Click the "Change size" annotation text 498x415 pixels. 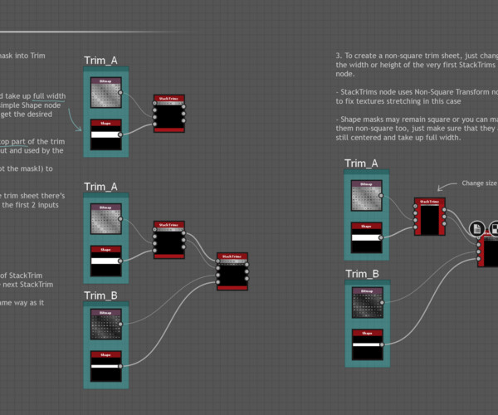click(x=478, y=183)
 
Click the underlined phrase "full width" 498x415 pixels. click(x=48, y=96)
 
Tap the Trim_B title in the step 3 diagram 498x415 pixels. click(x=363, y=274)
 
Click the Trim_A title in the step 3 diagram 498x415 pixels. click(x=362, y=163)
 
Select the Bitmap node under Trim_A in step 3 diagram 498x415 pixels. click(x=368, y=195)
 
